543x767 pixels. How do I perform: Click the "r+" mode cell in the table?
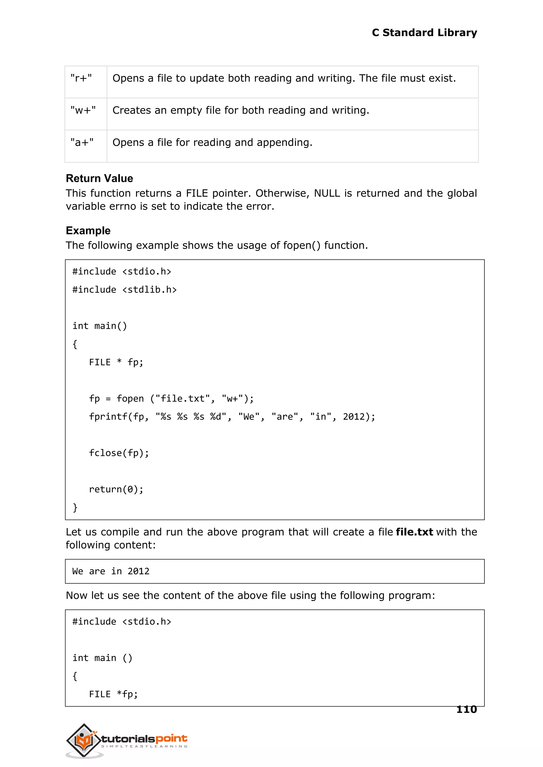pyautogui.click(x=81, y=78)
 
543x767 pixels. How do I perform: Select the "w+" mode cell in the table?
pyautogui.click(x=83, y=110)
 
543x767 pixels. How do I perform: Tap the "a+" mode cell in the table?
pyautogui.click(x=82, y=142)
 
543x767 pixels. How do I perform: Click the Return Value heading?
pyautogui.click(x=99, y=178)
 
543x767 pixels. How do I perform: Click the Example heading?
pyautogui.click(x=88, y=231)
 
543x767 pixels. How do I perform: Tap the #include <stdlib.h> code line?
pyautogui.click(x=124, y=289)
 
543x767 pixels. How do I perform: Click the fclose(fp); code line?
pyautogui.click(x=119, y=453)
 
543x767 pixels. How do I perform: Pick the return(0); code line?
pyautogui.click(x=116, y=489)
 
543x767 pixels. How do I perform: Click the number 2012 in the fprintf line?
pyautogui.click(x=354, y=416)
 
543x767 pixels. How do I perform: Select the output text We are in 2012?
pyautogui.click(x=111, y=571)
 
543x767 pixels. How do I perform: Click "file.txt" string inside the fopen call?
pyautogui.click(x=183, y=398)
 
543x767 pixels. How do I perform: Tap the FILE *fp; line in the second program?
pyautogui.click(x=113, y=694)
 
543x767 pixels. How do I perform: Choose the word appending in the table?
pyautogui.click(x=284, y=142)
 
